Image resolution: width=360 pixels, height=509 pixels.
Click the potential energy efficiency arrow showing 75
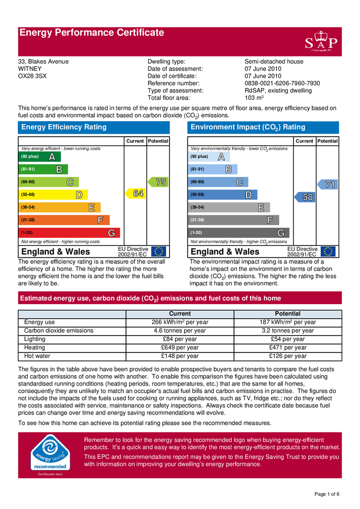(158, 182)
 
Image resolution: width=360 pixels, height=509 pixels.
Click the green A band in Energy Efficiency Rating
(37, 157)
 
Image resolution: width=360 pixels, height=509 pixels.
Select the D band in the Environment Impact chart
(224, 195)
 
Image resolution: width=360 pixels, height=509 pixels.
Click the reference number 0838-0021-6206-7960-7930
(282, 84)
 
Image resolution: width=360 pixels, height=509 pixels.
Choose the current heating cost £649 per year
(180, 347)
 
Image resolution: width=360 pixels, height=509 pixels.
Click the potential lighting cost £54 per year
(287, 339)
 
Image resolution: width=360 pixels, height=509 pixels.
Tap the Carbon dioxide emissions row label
(59, 331)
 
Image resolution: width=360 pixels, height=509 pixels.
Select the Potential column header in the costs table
(287, 314)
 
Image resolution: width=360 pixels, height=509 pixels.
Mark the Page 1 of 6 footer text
(328, 494)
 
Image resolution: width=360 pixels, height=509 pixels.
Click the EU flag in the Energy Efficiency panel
(159, 252)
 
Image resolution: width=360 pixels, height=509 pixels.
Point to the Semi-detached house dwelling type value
(274, 62)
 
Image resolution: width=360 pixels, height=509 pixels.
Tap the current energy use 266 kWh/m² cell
(180, 322)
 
